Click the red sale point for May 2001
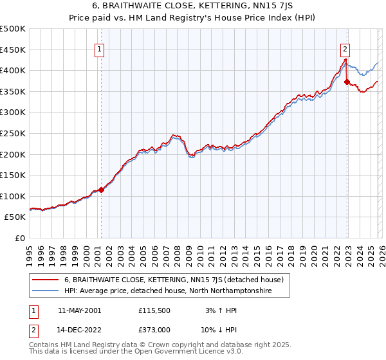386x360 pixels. pos(102,190)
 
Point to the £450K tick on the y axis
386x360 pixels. pos(14,50)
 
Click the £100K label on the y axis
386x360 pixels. pos(14,196)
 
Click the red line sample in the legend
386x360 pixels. pos(45,280)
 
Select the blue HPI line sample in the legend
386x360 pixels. pos(45,291)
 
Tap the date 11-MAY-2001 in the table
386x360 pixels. pos(79,310)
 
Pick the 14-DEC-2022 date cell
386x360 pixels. pos(79,330)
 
